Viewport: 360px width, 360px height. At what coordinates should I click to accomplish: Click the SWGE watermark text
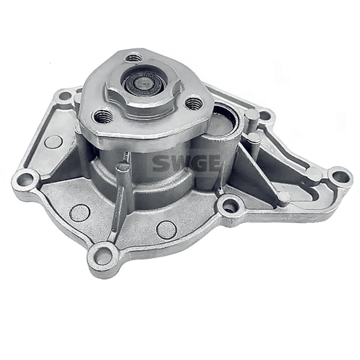tap(186, 162)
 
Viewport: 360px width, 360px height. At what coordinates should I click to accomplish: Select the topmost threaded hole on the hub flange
tap(134, 58)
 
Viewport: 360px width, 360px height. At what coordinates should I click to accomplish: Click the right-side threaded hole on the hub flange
tap(194, 104)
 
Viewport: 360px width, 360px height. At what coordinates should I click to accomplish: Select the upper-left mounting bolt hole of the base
tap(66, 95)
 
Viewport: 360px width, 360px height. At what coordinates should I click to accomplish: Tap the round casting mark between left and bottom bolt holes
tap(80, 212)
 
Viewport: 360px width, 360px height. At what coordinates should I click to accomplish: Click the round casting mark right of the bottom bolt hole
tap(166, 229)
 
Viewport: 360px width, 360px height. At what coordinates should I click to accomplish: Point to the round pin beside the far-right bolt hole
tap(313, 173)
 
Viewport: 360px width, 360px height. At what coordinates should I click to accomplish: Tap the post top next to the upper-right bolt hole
tap(252, 115)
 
